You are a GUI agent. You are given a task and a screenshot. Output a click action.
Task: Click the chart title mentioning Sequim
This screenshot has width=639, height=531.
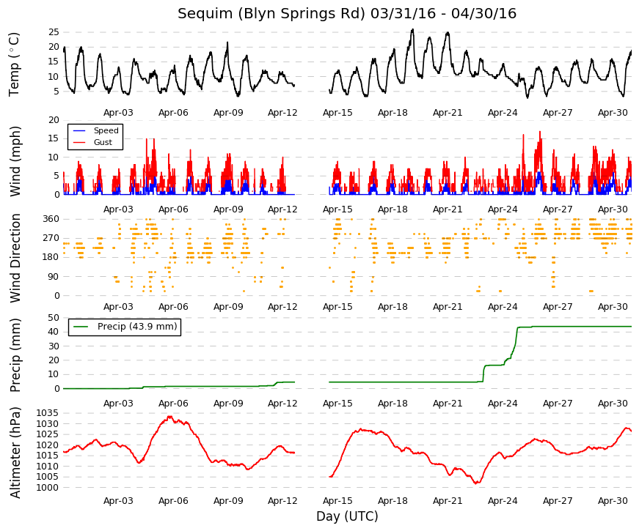point(347,13)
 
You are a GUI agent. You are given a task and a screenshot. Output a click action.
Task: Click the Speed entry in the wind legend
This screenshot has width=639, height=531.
point(106,130)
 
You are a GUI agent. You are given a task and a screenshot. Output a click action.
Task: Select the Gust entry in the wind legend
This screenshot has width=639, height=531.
point(103,142)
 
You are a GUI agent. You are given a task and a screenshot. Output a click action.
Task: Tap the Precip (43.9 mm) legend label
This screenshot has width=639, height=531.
point(137,327)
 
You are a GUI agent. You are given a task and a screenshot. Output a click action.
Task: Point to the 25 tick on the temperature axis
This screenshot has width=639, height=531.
point(54,32)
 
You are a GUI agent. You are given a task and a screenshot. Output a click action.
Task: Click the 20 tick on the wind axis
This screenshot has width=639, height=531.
point(54,120)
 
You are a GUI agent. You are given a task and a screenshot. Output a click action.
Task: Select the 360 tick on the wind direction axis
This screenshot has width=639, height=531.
point(51,219)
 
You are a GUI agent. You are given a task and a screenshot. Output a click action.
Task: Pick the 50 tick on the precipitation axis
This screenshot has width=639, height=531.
point(54,318)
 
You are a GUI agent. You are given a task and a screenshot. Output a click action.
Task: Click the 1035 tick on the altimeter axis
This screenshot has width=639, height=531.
point(47,413)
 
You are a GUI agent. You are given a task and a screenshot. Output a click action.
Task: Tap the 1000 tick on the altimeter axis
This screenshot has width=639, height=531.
point(47,488)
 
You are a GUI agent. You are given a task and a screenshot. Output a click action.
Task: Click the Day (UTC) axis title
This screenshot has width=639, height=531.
point(347,516)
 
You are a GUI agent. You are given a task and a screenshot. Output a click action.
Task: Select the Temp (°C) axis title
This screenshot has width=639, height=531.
point(14,64)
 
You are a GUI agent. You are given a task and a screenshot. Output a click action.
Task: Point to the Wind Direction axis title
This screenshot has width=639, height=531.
point(15,259)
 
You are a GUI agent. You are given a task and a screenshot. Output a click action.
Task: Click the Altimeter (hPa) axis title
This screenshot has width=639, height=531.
point(15,453)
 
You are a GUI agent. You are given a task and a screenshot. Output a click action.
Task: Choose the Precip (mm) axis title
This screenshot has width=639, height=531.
point(15,355)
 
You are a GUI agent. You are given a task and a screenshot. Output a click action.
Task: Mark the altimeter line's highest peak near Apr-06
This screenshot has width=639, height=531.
point(169,417)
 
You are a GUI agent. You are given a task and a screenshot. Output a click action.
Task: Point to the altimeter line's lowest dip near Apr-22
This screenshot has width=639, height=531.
point(477,483)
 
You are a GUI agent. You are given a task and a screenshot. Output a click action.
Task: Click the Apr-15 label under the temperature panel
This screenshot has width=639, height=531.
point(337,113)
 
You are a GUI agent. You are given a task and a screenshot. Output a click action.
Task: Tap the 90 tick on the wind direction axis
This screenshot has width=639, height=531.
point(54,277)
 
